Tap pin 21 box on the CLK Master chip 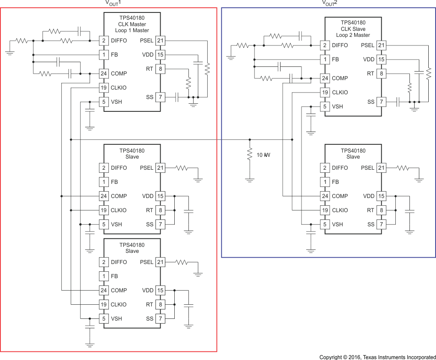[x=160, y=41]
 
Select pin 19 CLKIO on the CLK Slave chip [x=325, y=92]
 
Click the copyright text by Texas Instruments [x=377, y=357]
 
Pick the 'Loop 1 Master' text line [x=132, y=30]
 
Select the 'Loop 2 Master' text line [x=353, y=35]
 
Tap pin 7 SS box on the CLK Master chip [x=160, y=97]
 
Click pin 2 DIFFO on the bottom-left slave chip [x=104, y=262]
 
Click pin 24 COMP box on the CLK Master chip [x=104, y=73]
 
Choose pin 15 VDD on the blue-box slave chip [x=381, y=196]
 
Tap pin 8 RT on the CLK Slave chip [x=381, y=73]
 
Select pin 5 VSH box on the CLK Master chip [x=104, y=102]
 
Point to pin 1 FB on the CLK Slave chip [x=325, y=59]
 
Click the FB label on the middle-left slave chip [x=114, y=182]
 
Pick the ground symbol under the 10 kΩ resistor [x=250, y=180]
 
